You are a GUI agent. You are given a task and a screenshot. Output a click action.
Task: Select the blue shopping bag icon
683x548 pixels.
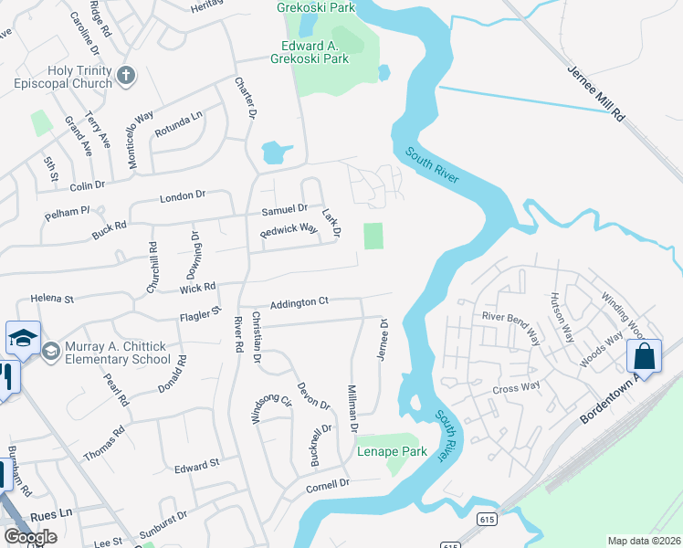[644, 357]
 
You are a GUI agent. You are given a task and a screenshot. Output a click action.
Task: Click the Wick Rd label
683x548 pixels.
[197, 287]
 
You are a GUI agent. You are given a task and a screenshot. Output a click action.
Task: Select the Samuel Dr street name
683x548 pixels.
[285, 209]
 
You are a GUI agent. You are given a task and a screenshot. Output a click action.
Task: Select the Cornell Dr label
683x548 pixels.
[329, 485]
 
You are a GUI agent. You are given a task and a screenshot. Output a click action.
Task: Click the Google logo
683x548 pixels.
[29, 537]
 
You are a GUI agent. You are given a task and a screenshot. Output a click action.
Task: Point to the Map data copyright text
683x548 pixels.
[644, 541]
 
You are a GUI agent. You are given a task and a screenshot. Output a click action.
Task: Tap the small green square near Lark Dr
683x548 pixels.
[373, 237]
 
